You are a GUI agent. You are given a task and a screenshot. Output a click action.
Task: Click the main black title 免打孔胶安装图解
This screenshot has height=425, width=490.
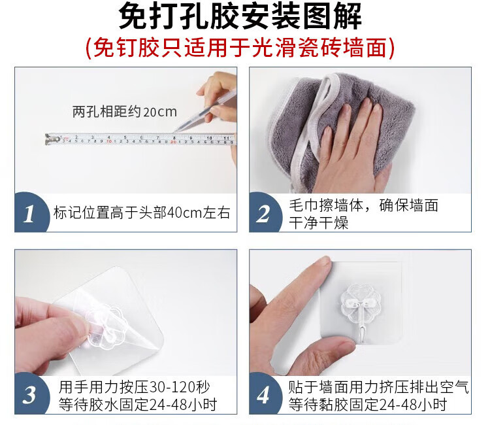(x=240, y=16)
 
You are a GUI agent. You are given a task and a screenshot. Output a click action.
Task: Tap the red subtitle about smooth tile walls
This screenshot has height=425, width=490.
(x=240, y=48)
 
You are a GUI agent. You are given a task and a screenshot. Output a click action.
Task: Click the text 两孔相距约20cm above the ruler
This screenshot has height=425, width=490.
(x=125, y=112)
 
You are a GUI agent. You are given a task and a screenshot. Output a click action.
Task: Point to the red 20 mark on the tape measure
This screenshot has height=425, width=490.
(x=173, y=142)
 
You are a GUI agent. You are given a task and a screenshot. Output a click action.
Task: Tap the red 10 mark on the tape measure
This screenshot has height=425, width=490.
(x=108, y=141)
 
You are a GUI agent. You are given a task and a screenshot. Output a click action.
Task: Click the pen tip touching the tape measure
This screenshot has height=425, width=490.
(x=175, y=131)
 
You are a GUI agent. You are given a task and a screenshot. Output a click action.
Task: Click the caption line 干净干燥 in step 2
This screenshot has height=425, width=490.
(x=318, y=223)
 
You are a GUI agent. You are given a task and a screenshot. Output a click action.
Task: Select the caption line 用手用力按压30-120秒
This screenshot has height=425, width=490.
(x=134, y=388)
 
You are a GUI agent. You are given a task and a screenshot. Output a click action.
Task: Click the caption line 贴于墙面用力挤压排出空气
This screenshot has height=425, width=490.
(x=378, y=387)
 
